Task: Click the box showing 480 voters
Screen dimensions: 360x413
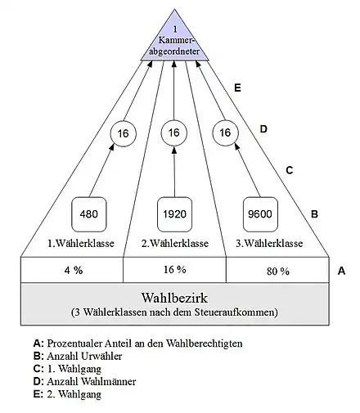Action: point(89,214)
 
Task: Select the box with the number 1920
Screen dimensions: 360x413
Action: point(174,214)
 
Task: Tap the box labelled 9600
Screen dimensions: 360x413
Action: point(260,214)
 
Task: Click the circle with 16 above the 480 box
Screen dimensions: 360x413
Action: point(123,133)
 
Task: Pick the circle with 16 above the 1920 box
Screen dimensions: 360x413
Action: point(174,132)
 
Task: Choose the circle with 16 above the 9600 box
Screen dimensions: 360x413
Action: point(225,132)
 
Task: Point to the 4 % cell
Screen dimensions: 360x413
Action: point(72,270)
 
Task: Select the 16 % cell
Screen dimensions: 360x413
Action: point(174,270)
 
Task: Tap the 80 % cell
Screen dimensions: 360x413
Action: point(277,270)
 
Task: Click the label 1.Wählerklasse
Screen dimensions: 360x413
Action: point(81,243)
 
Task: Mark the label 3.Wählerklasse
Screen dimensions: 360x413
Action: point(269,243)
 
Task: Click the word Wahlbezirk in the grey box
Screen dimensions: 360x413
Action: point(174,298)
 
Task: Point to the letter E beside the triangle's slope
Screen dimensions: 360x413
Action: point(237,88)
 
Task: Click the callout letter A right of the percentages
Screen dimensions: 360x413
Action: point(341,271)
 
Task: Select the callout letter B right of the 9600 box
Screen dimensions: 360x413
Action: point(314,214)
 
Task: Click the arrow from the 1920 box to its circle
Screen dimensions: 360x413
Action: point(174,172)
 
